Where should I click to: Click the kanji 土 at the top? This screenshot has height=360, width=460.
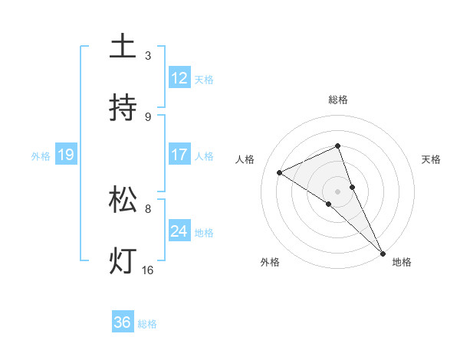click(123, 47)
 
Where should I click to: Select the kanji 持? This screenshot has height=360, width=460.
click(123, 108)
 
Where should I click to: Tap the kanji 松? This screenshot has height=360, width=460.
click(123, 200)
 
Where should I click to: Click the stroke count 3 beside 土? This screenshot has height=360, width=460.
click(148, 56)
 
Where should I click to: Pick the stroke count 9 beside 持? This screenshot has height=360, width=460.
click(148, 117)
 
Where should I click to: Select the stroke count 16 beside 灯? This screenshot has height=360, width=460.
click(148, 270)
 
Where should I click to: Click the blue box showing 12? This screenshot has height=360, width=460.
click(179, 78)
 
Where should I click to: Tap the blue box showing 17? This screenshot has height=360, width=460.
click(179, 155)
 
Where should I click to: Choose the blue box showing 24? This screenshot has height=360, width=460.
click(179, 231)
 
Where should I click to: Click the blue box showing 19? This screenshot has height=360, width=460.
click(65, 155)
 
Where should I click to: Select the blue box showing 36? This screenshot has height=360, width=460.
click(123, 322)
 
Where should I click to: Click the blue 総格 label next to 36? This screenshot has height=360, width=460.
click(147, 324)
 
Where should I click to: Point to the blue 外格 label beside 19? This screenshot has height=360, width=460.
click(41, 156)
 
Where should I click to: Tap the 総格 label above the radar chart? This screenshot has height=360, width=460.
click(338, 100)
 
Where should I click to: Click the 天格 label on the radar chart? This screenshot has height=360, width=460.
click(432, 159)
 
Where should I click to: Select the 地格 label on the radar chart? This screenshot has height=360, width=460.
click(402, 262)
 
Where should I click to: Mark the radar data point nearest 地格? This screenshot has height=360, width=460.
click(383, 252)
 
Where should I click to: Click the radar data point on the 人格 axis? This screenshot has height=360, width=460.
click(280, 172)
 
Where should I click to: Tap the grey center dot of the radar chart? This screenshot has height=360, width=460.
click(338, 191)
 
